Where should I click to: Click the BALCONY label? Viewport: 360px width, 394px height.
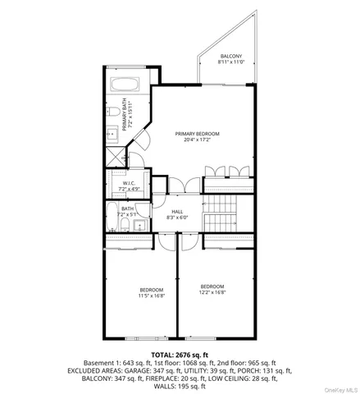coord(230,56)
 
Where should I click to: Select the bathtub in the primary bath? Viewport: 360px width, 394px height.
coord(126,84)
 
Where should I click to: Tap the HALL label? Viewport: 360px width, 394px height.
coord(177,212)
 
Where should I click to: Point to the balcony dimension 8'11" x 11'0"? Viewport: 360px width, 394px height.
coord(230,62)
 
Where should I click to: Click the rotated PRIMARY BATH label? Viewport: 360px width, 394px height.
coord(125,115)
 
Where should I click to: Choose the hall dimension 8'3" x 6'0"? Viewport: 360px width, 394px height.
coord(177,218)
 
